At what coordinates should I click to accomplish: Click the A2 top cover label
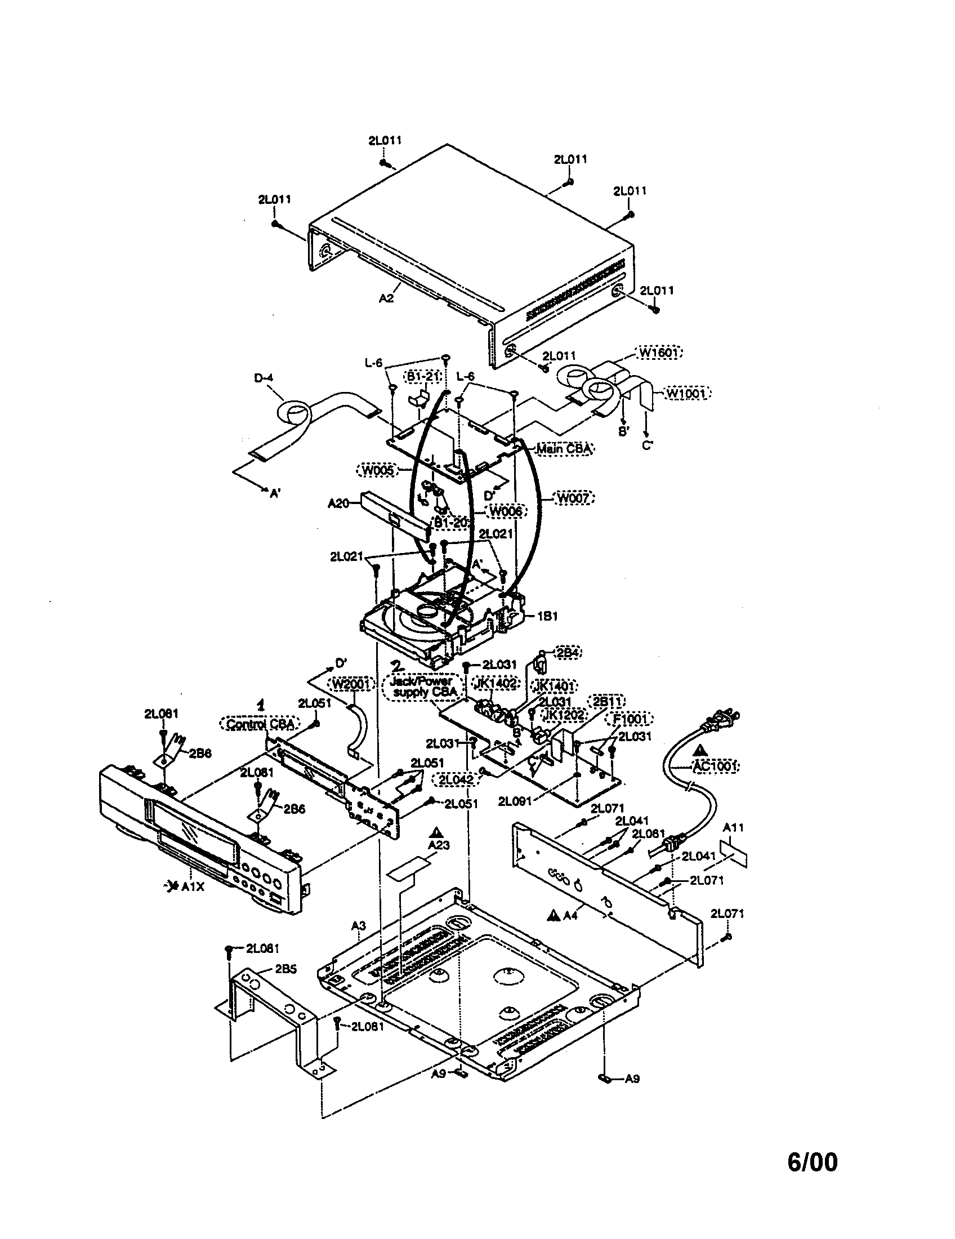click(386, 298)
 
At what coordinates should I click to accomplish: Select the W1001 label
click(687, 393)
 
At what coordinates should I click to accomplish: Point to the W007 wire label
click(574, 498)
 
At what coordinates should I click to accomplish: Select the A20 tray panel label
click(338, 502)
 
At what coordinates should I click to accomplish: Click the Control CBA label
click(260, 724)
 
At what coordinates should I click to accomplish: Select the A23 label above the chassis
click(439, 845)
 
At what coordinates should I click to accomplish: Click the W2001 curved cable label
click(351, 685)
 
